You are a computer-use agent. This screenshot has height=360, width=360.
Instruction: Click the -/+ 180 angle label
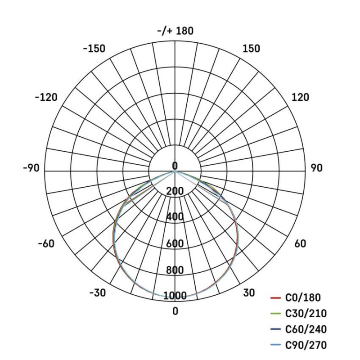pyautogui.click(x=175, y=31)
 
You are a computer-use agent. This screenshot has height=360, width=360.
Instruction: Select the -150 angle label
pyautogui.click(x=94, y=49)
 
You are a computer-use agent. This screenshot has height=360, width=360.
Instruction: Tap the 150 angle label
pyautogui.click(x=251, y=49)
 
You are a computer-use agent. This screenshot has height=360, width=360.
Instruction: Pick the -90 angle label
pyautogui.click(x=31, y=168)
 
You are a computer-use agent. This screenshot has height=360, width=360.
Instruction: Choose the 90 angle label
pyautogui.click(x=316, y=168)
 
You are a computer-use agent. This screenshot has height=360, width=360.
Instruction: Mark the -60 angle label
pyautogui.click(x=45, y=243)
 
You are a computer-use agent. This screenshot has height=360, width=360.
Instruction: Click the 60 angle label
pyautogui.click(x=300, y=243)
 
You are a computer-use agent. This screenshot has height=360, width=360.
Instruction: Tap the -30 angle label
pyautogui.click(x=97, y=293)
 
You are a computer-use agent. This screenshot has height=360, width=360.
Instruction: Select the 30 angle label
pyautogui.click(x=249, y=293)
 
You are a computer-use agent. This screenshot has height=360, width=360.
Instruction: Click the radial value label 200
pyautogui.click(x=175, y=191)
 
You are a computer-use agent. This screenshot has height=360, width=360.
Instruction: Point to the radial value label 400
pyautogui.click(x=175, y=217)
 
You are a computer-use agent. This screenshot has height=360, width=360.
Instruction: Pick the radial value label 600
pyautogui.click(x=175, y=243)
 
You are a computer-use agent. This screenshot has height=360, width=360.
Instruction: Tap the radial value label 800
pyautogui.click(x=175, y=270)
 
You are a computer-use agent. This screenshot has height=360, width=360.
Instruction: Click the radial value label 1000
pyautogui.click(x=175, y=296)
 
